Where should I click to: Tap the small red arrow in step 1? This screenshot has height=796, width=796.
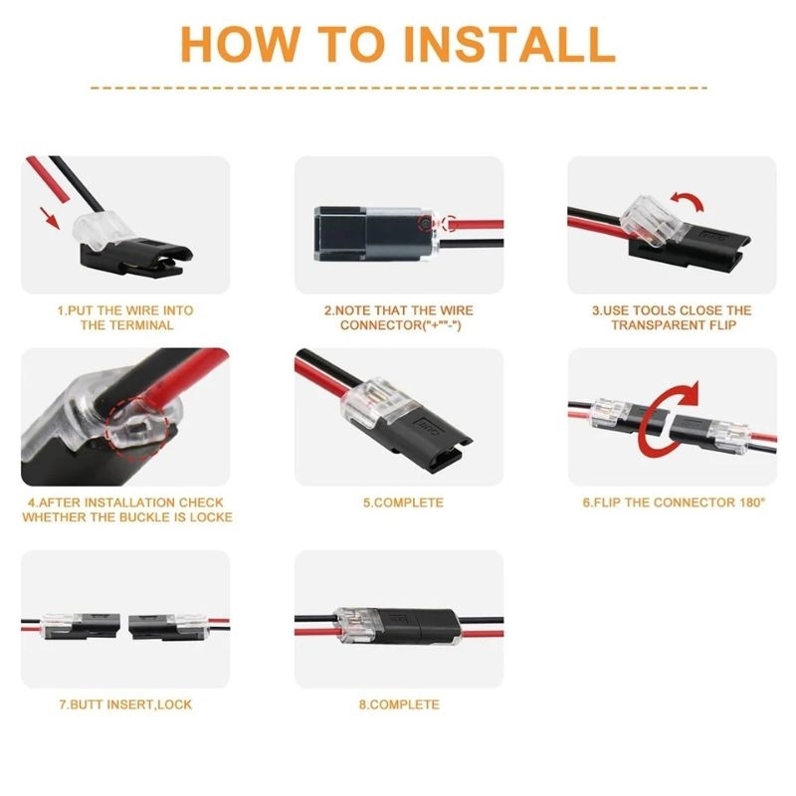pos(50,217)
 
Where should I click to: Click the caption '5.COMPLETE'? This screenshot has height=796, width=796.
pos(403,502)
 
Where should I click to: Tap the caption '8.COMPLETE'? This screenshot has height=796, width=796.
pos(399,704)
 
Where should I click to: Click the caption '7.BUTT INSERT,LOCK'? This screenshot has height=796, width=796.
pos(126,704)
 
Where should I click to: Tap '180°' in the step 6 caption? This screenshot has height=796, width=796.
pos(751,502)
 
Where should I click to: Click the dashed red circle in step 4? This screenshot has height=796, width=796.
pos(135,428)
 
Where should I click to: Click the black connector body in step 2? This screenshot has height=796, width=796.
pos(368,234)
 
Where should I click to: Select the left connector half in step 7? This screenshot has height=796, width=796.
pos(82,626)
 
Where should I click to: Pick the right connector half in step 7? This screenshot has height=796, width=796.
pos(167,628)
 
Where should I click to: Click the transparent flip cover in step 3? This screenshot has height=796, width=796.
pos(653,220)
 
